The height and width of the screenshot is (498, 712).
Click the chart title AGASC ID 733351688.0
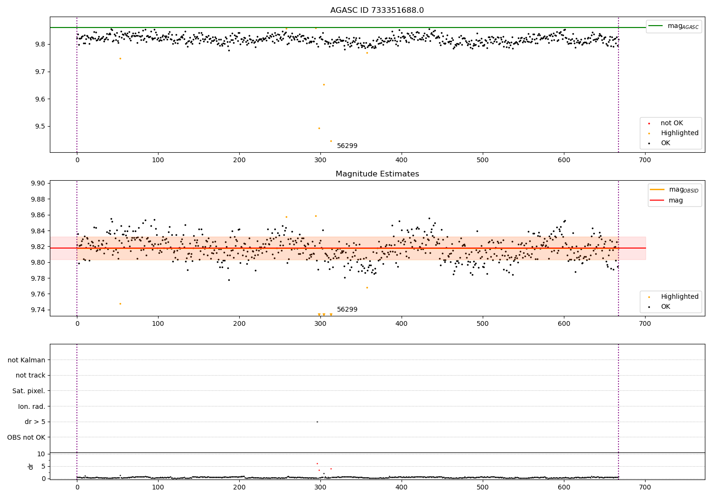point(377,10)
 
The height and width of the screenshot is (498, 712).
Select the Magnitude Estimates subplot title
point(377,174)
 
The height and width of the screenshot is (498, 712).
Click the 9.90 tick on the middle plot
point(37,184)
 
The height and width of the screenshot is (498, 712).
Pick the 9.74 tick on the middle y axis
point(37,310)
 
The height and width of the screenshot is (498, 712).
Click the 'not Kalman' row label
point(27,360)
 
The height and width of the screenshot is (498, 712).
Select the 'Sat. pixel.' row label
point(28,391)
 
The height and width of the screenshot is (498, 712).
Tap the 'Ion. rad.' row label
point(32,406)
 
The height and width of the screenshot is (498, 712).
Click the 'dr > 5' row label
point(35,422)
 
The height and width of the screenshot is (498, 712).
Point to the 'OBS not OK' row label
point(26,437)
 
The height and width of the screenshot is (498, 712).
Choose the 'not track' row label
point(30,375)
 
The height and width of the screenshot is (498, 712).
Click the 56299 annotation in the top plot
point(347,146)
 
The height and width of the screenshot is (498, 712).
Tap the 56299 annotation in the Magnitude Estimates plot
point(347,310)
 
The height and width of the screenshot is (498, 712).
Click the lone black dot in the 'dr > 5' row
point(317,422)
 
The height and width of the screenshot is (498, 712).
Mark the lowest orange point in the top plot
point(331,141)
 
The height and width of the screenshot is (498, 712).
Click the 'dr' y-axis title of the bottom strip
point(31,466)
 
